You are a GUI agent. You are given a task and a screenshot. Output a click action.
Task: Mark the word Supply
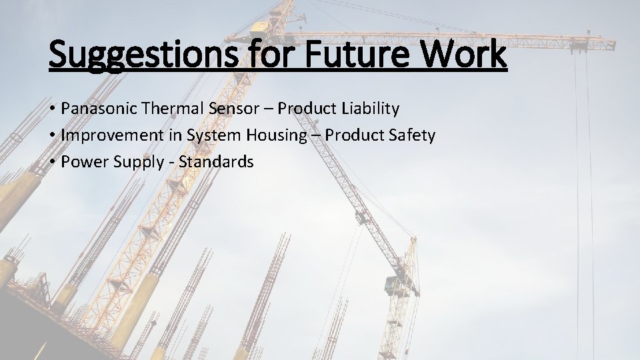132,163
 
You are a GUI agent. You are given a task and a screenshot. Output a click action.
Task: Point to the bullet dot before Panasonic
51,109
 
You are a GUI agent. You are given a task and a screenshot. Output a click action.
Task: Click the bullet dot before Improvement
51,136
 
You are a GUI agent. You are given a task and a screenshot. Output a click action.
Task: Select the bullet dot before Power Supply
51,163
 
